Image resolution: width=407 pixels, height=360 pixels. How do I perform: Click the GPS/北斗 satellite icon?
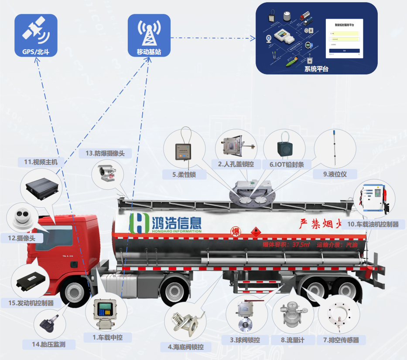click(x=36, y=30)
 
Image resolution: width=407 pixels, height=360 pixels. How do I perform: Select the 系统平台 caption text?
click(x=316, y=69)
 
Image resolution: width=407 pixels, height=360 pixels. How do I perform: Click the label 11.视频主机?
click(x=41, y=162)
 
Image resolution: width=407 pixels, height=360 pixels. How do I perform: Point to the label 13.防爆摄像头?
click(x=105, y=153)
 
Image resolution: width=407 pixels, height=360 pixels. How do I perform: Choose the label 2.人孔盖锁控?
click(x=239, y=164)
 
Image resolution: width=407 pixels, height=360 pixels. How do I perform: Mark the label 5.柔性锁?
click(x=184, y=175)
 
